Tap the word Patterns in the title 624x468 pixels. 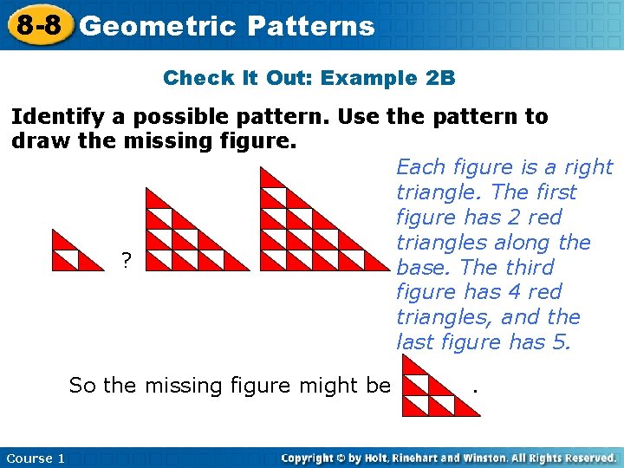point(310,26)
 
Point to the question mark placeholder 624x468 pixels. point(127,259)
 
